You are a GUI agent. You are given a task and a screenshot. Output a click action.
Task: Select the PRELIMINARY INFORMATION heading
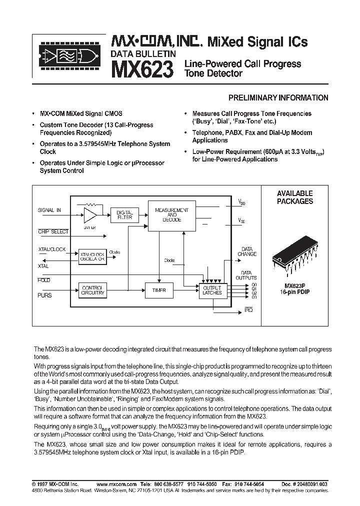278,98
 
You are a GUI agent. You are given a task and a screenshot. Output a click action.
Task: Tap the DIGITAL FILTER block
121,215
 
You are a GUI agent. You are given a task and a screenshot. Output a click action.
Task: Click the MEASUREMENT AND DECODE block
171,214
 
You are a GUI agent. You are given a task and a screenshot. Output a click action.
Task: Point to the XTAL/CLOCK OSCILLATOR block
92,256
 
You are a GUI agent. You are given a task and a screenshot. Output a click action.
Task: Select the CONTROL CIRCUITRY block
92,290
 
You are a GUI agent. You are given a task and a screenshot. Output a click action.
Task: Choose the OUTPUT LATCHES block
212,290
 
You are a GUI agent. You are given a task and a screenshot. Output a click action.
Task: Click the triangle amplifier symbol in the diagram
90,215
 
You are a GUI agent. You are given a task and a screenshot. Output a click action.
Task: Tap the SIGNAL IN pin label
49,210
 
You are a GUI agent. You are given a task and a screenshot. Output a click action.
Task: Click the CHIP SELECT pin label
53,232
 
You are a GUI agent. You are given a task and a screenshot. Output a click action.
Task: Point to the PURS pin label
45,295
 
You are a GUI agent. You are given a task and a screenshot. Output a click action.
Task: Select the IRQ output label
248,310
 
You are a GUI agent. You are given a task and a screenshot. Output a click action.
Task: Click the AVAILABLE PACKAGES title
295,197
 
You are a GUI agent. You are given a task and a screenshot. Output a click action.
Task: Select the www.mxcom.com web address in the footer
116,484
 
